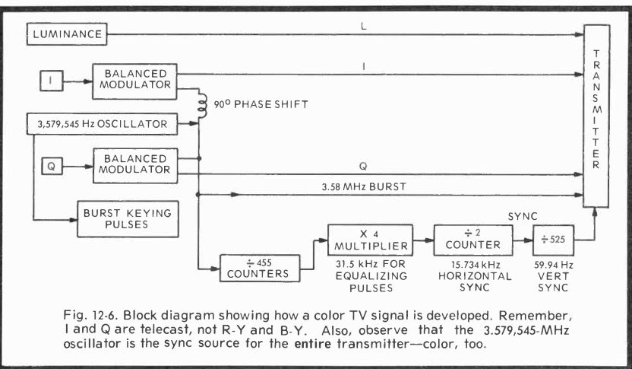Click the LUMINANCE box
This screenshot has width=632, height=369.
[66, 34]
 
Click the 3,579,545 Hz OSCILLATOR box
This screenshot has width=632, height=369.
[101, 122]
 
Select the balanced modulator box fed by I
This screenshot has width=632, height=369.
[136, 78]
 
